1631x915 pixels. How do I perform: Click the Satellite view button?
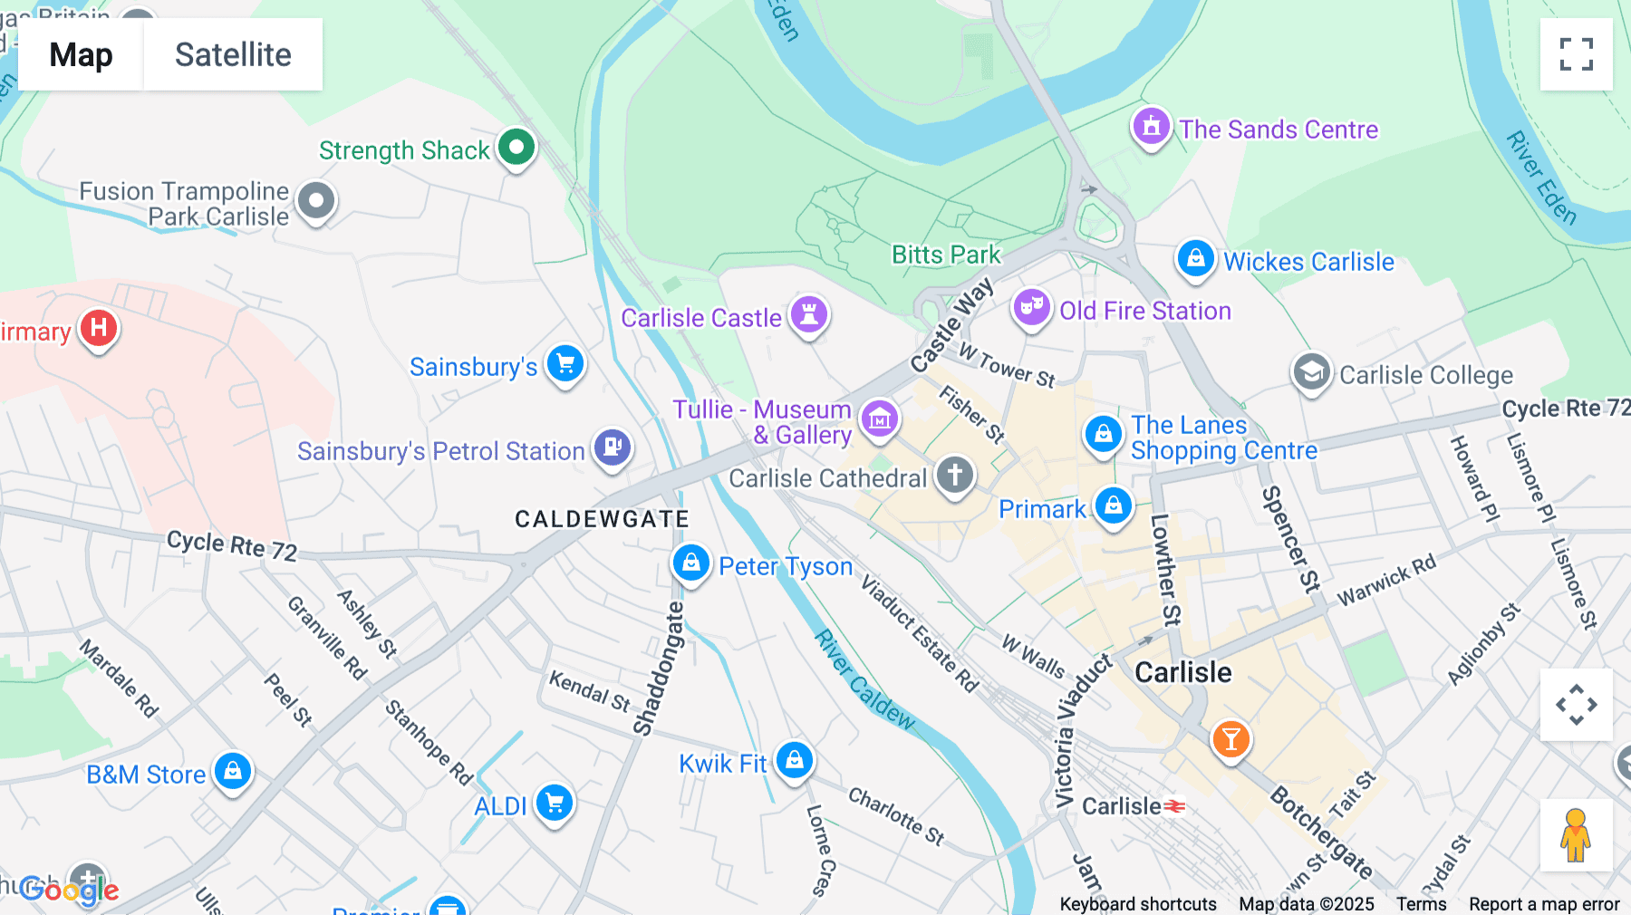click(233, 54)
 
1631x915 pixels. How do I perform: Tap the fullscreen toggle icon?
click(1576, 54)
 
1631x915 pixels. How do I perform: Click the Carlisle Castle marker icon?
click(808, 315)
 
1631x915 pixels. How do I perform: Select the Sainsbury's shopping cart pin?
click(565, 364)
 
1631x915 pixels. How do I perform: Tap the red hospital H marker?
click(99, 328)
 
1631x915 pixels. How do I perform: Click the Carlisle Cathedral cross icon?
click(954, 474)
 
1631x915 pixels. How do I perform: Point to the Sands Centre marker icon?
click(1151, 127)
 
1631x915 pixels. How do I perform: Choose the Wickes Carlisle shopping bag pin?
click(1195, 259)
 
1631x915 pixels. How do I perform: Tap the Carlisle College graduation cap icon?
click(1311, 371)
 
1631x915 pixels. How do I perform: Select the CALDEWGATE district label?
click(602, 519)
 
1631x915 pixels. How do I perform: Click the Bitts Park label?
click(946, 255)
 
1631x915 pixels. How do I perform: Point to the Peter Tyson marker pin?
click(690, 563)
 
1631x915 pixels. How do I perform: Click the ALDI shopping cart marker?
click(555, 803)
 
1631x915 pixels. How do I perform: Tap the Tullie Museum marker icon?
click(880, 419)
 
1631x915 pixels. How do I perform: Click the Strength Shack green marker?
click(516, 147)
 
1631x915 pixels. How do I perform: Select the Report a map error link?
click(1543, 904)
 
